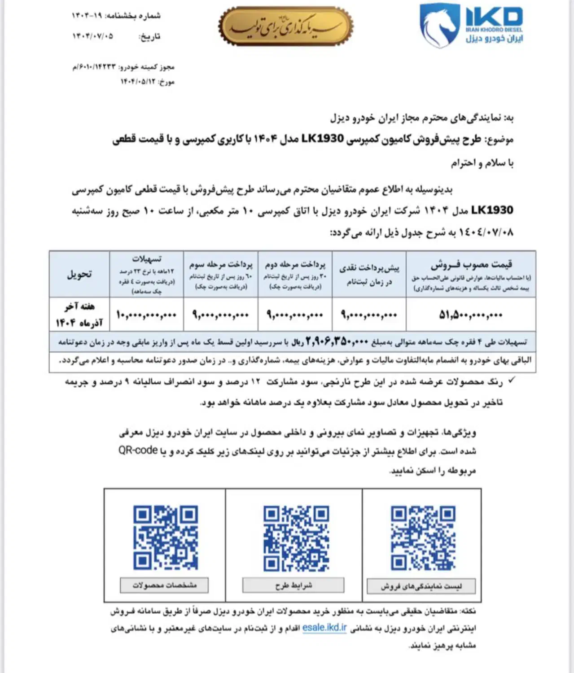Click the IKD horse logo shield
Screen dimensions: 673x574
[439, 26]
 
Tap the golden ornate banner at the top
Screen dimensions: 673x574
[286, 26]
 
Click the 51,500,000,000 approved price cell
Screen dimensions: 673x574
[471, 315]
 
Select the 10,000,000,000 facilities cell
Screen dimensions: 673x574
[146, 315]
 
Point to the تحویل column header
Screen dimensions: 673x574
[79, 274]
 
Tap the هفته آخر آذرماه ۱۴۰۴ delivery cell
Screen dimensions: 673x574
[79, 315]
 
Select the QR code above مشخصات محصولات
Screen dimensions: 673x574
[165, 538]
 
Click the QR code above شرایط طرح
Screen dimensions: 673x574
[296, 538]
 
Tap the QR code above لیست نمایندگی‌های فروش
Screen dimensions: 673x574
[423, 538]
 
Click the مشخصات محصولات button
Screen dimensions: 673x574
[164, 585]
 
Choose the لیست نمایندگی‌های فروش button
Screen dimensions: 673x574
[421, 586]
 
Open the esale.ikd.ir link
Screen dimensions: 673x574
[324, 627]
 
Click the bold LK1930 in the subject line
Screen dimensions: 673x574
[323, 139]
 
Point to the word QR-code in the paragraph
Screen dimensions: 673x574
[138, 450]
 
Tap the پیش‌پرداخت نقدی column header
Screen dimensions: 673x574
[369, 274]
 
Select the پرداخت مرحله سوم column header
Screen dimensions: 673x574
[220, 274]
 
